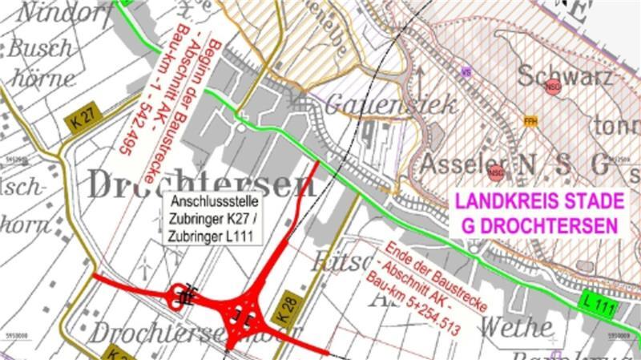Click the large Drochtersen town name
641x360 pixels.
click(201, 184)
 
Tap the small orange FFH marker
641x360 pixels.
click(529, 121)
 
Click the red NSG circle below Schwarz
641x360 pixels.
click(552, 88)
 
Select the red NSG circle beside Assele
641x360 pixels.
click(496, 172)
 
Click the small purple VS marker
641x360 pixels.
click(464, 71)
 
